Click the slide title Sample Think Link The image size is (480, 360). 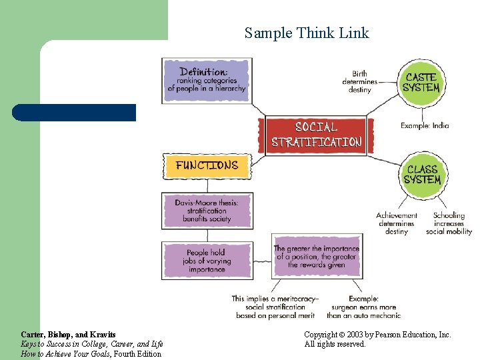(306, 33)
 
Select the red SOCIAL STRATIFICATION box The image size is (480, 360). (316, 135)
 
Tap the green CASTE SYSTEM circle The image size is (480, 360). (421, 83)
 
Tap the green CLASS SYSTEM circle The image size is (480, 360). (422, 175)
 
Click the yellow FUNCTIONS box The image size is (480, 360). (207, 165)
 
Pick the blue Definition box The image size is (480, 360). (207, 80)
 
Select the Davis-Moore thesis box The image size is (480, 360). (207, 210)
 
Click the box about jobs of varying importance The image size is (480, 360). (207, 261)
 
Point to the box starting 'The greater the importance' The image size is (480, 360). (316, 257)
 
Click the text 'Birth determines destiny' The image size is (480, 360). (359, 82)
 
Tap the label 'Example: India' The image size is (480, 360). (425, 125)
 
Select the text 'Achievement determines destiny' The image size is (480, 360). (396, 223)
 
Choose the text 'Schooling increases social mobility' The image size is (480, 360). (449, 223)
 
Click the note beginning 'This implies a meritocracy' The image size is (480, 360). (275, 307)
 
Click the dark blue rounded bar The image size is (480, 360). (74, 112)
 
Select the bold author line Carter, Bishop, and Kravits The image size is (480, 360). (68, 334)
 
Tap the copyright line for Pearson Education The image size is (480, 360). (377, 334)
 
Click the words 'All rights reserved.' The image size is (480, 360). (335, 344)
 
